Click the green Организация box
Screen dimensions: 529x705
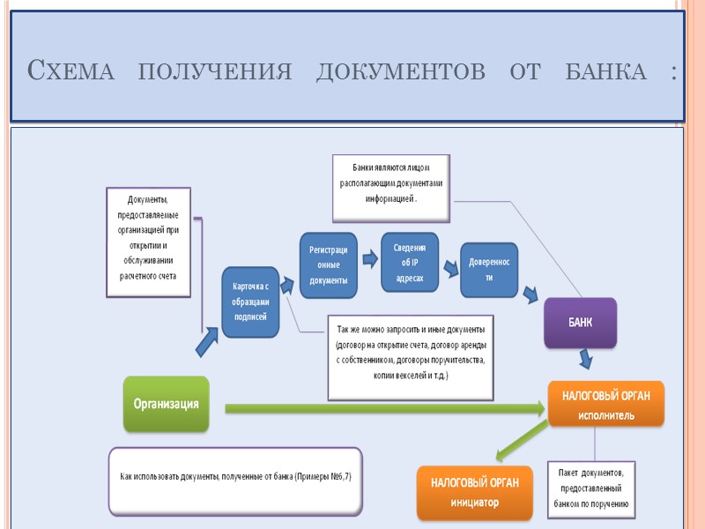click(166, 404)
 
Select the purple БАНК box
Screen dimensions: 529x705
click(579, 322)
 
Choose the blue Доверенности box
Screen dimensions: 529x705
click(488, 270)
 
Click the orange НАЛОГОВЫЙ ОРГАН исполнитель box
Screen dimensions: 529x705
click(605, 405)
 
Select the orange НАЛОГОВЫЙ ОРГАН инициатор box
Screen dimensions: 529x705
click(474, 493)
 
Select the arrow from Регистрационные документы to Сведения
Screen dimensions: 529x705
click(369, 259)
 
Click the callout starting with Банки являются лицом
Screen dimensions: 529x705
click(391, 187)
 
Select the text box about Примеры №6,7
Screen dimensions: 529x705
click(234, 481)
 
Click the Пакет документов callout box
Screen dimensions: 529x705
click(590, 488)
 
